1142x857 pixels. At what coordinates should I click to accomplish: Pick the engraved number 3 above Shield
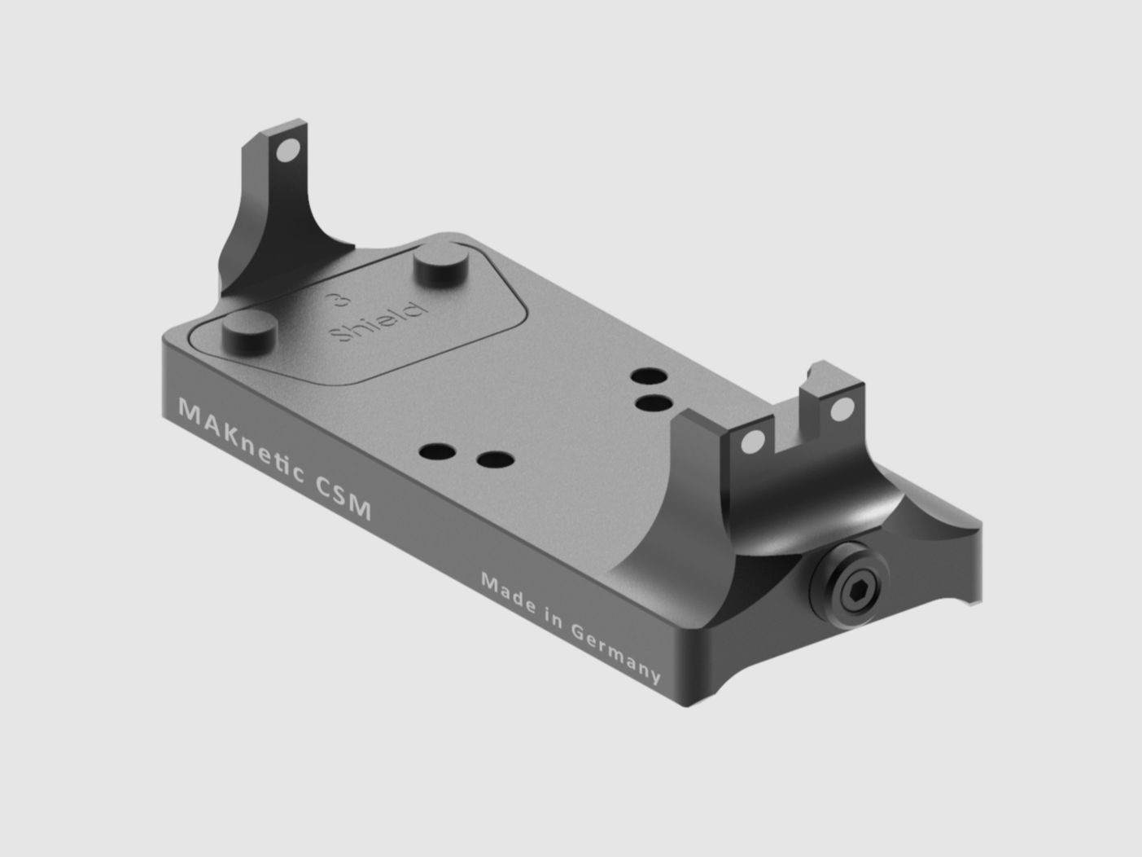coord(332,301)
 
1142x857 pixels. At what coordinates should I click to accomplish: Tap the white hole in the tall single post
coord(287,152)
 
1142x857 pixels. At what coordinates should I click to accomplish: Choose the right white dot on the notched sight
coord(847,408)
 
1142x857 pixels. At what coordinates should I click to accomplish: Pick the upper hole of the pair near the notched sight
coord(649,376)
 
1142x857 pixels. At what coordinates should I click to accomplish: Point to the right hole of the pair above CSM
coord(493,460)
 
